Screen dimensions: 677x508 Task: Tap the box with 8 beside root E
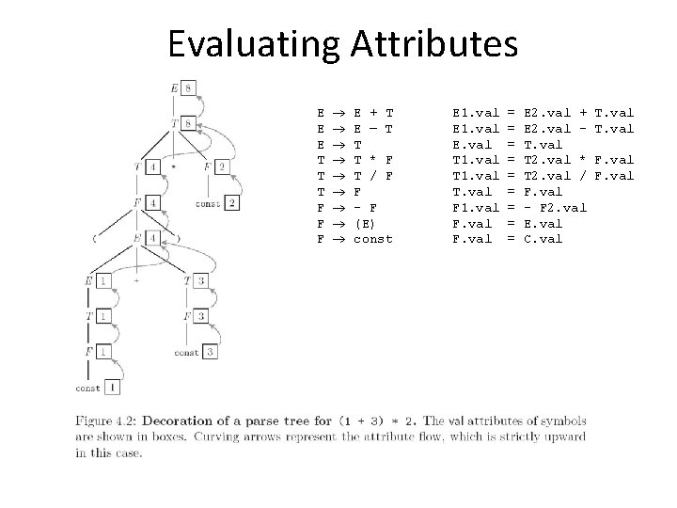click(x=190, y=87)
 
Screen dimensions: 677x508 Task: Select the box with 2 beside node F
click(x=221, y=167)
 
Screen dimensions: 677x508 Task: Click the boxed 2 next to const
click(x=231, y=202)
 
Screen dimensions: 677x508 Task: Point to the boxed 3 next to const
click(x=211, y=352)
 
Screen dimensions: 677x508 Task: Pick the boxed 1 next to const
click(x=114, y=387)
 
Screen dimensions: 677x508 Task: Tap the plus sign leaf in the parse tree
click(x=138, y=280)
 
